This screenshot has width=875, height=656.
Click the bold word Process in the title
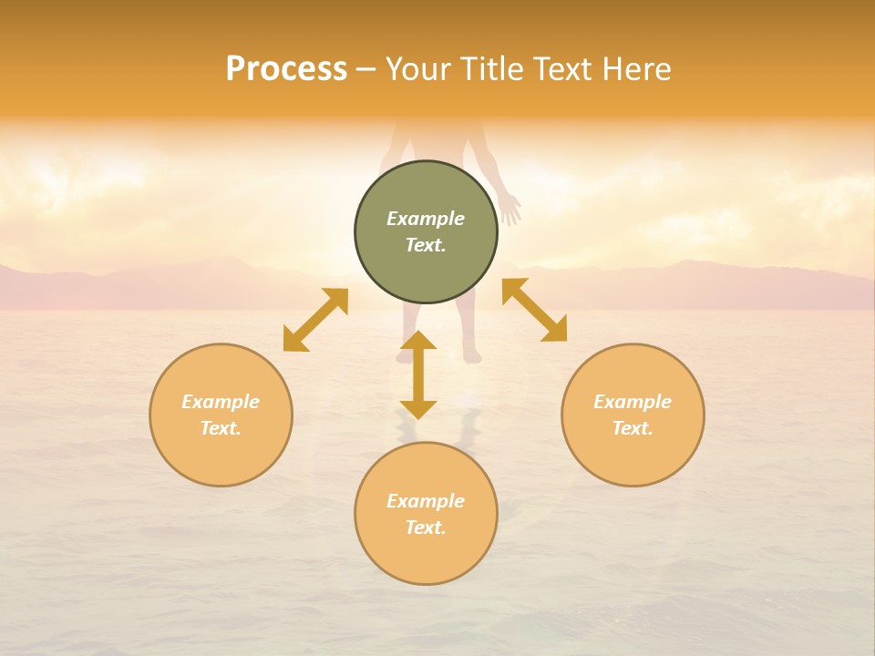tap(286, 69)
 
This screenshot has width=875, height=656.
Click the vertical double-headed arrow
tap(418, 374)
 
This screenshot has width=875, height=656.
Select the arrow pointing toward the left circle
tap(315, 320)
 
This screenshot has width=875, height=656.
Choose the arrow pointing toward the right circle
tap(535, 310)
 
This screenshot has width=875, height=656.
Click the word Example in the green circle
tap(426, 219)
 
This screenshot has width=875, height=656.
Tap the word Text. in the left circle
tap(221, 428)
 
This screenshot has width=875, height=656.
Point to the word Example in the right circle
tap(633, 402)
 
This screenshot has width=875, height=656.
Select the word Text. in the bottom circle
tap(426, 528)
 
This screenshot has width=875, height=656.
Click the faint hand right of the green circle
tap(510, 208)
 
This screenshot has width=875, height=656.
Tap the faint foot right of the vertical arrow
tap(470, 350)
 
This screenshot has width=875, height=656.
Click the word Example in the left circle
tap(221, 402)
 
